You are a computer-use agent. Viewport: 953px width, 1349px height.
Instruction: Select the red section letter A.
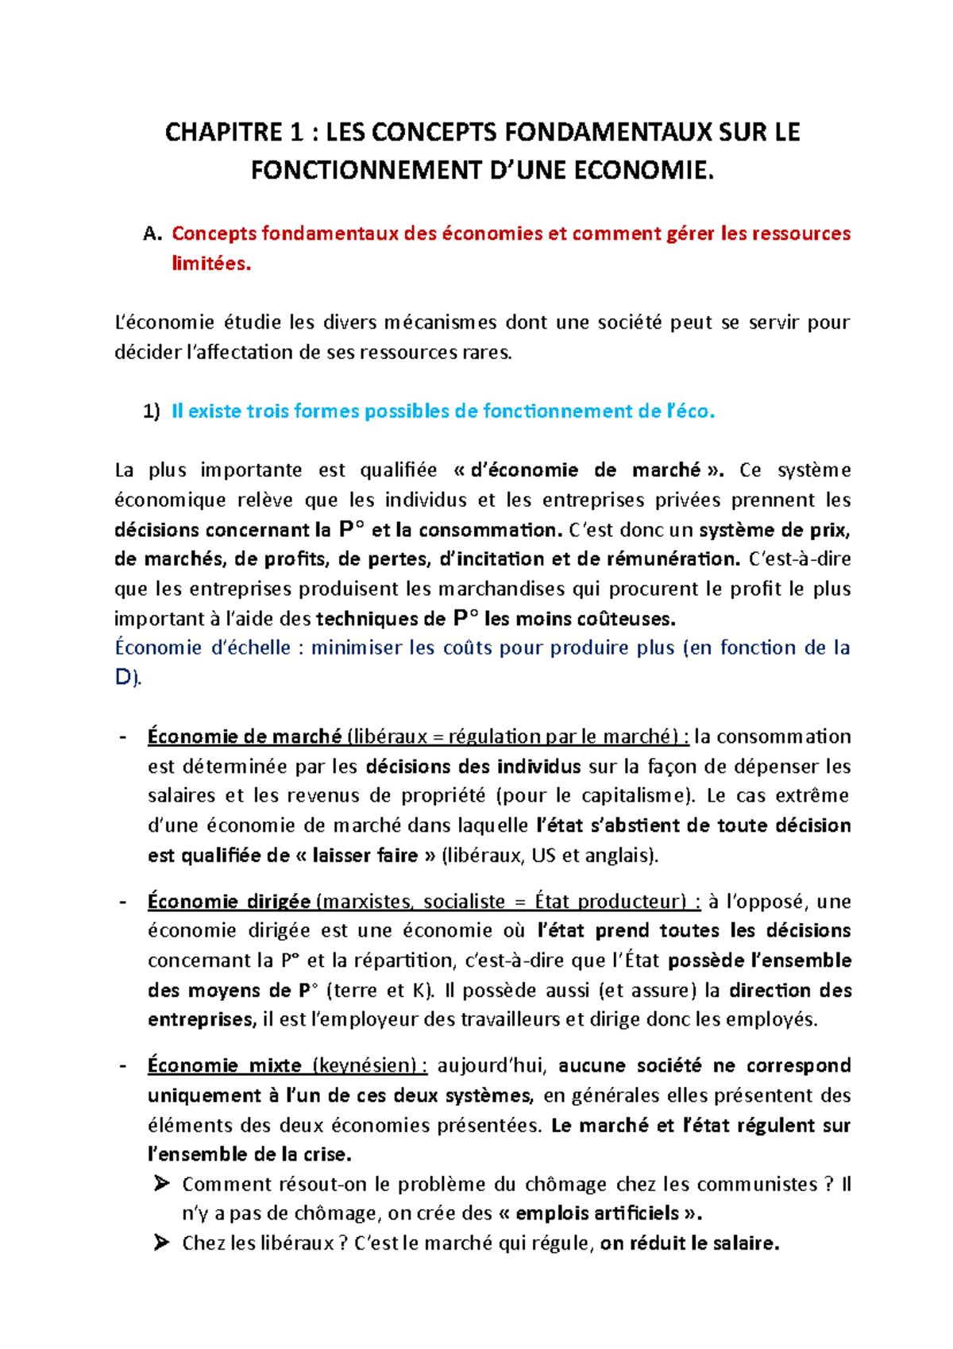tap(152, 234)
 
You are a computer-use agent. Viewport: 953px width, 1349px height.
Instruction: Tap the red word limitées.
tap(211, 264)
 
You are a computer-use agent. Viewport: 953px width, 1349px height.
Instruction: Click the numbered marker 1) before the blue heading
tap(151, 412)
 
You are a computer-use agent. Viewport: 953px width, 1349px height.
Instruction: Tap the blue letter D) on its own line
tap(127, 678)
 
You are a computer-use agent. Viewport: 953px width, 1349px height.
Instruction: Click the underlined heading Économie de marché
tap(244, 736)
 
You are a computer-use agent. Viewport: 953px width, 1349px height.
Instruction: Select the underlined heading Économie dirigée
tap(229, 902)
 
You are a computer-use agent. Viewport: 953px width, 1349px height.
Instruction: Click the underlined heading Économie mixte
tap(224, 1065)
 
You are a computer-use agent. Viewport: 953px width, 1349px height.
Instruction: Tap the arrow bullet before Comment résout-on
tap(161, 1184)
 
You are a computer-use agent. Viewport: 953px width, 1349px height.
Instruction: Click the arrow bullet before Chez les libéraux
tap(161, 1243)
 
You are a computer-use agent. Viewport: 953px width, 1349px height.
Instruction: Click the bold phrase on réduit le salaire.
tap(689, 1243)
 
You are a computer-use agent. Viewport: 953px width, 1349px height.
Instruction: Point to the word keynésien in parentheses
tap(366, 1065)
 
